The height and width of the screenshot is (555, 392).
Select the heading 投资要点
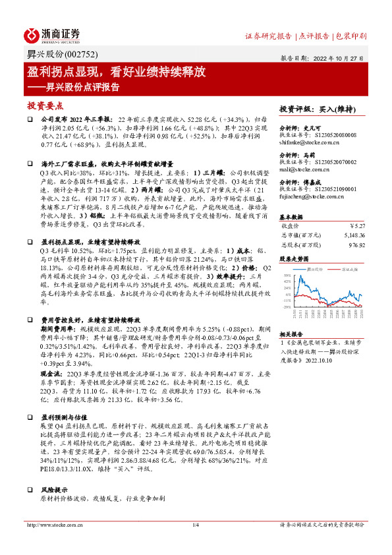pyautogui.click(x=45, y=105)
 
